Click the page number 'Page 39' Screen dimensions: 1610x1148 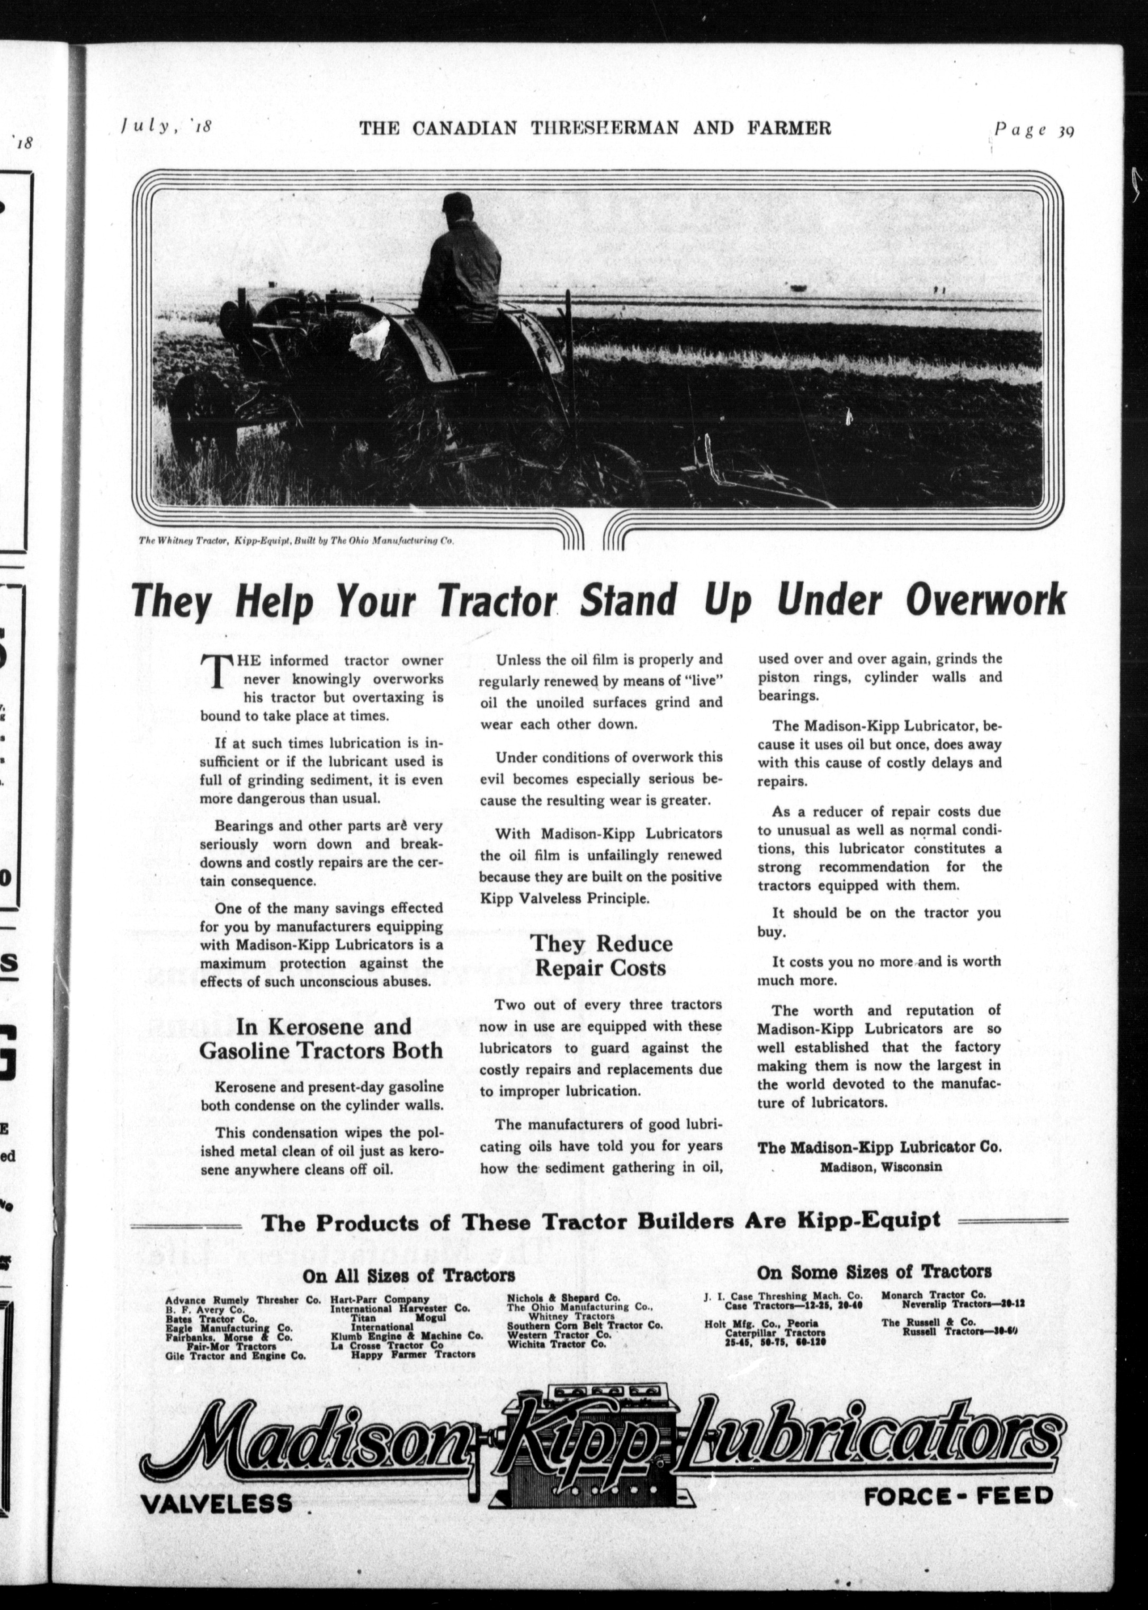[x=1034, y=131]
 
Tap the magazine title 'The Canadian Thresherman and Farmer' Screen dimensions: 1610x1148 [x=595, y=128]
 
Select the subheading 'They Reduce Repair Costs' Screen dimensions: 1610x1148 [x=601, y=955]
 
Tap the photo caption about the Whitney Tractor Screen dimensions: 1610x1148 [x=295, y=540]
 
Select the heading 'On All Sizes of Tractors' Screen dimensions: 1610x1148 [x=409, y=1276]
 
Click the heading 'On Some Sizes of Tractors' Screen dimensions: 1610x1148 [x=874, y=1271]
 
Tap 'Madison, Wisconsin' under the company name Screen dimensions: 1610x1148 [x=880, y=1167]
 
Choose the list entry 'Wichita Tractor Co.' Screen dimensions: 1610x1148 [x=557, y=1344]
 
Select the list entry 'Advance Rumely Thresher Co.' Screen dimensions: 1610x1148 [x=243, y=1300]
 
